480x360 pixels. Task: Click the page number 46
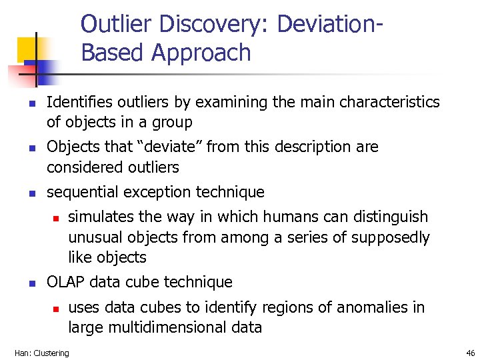point(470,353)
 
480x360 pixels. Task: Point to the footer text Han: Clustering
point(41,353)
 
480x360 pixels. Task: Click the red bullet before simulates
point(57,218)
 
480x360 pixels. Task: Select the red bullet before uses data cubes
point(57,309)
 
